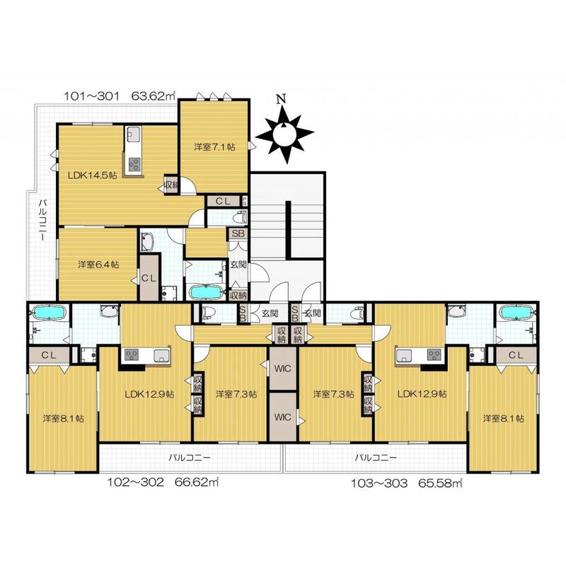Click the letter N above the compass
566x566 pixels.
coord(281,99)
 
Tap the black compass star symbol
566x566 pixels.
coord(284,134)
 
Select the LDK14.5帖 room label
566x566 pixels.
coord(93,175)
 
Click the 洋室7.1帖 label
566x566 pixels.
coord(215,147)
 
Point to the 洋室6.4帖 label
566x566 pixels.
coord(98,265)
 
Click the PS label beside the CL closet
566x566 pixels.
coord(245,200)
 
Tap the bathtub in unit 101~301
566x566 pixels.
coord(204,291)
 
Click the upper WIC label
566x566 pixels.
coord(282,369)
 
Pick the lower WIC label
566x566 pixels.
coord(282,417)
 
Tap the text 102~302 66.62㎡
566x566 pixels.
coord(163,483)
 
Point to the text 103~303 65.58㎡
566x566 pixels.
coord(407,483)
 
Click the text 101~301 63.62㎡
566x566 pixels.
coord(120,96)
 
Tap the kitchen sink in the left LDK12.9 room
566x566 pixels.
coord(161,356)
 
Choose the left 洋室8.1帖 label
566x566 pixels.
coord(64,419)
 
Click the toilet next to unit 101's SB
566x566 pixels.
coord(240,218)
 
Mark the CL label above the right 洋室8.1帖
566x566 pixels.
coord(516,355)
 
